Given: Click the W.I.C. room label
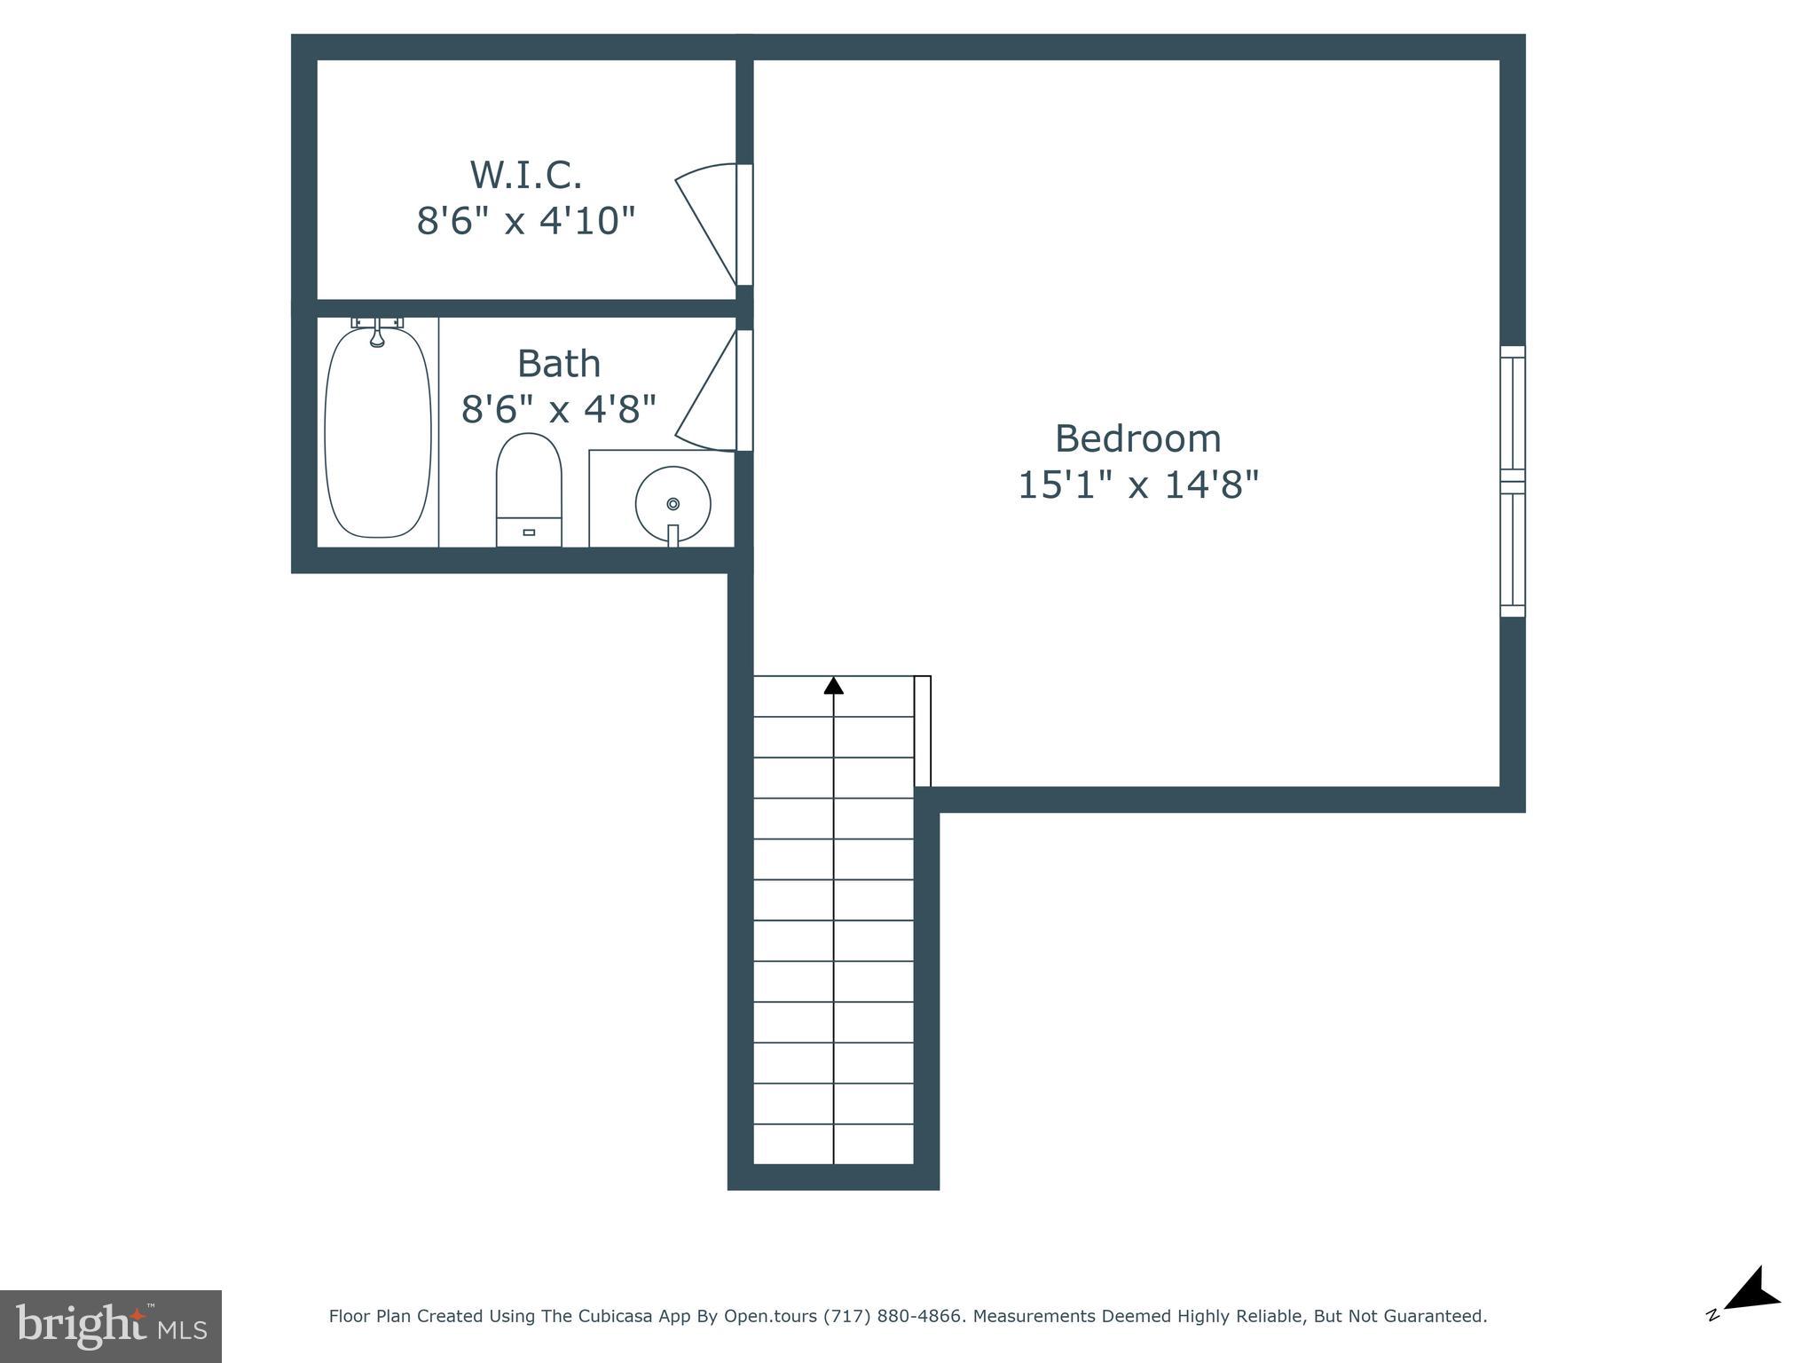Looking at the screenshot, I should (525, 175).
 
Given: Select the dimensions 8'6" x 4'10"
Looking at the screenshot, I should (526, 220).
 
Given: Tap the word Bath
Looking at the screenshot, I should (559, 364).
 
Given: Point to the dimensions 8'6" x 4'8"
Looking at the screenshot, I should (559, 409).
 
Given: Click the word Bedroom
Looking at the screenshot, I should (1137, 438).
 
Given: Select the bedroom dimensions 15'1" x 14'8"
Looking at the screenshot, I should (1137, 485).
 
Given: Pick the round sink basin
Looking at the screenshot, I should (673, 503).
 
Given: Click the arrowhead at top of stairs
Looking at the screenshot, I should (833, 685).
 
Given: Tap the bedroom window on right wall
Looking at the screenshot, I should (1513, 482).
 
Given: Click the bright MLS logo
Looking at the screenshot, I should (110, 1327).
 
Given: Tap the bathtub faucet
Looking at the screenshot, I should (377, 333).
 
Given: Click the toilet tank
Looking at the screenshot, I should (529, 532).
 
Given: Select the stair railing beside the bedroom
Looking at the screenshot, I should (923, 731).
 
